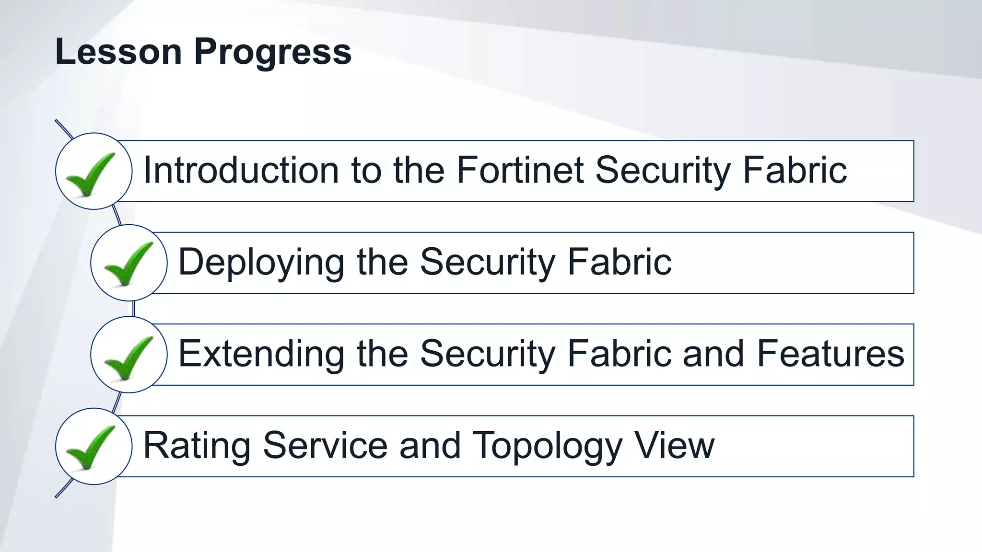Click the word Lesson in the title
pos(118,52)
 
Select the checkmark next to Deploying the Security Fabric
pos(128,264)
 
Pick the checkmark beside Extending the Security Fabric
pos(128,356)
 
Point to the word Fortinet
pos(520,170)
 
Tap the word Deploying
pos(261,263)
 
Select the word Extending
pos(261,354)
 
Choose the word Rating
pos(197,446)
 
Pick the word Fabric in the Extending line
pos(619,354)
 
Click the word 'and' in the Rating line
pos(430,446)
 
